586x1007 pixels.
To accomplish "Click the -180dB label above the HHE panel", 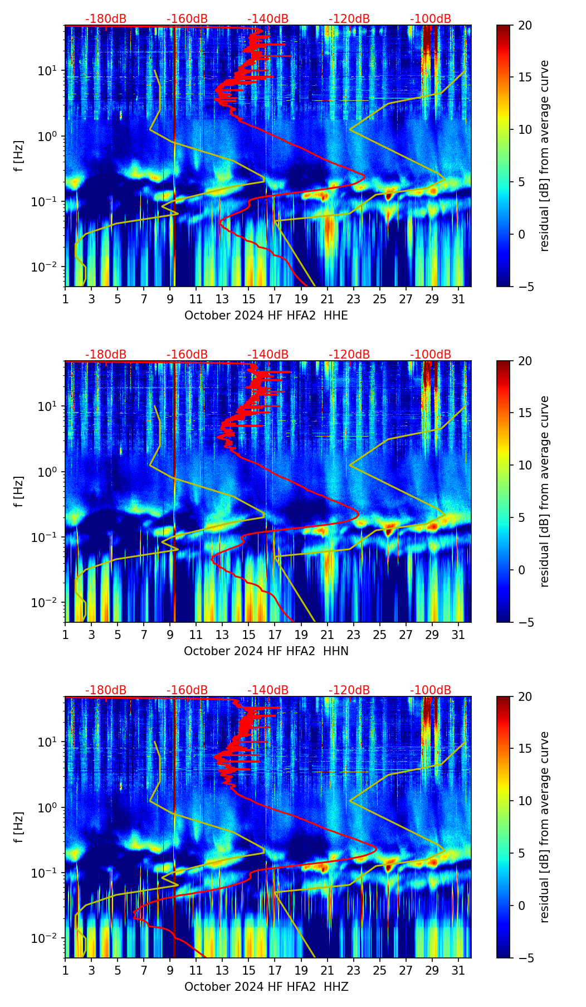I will [106, 19].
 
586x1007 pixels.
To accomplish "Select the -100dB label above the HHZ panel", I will [431, 690].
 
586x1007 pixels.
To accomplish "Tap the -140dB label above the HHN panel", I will [268, 355].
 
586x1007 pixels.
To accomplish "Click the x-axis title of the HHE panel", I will [266, 316].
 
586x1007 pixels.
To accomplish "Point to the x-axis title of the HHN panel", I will [266, 651].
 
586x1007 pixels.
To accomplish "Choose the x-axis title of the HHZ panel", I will [266, 987].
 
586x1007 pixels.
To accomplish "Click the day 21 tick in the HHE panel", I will [328, 299].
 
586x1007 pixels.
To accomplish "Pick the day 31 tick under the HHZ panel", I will [458, 970].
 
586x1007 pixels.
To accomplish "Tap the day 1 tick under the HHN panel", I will [65, 635].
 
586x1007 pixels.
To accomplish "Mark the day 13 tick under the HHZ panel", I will [222, 970].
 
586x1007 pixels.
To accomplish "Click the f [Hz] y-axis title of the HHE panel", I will [19, 156].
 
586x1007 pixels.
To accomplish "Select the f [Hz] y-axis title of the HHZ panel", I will [19, 827].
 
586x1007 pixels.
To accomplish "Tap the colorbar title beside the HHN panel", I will [544, 491].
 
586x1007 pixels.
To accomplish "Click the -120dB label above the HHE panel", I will [349, 19].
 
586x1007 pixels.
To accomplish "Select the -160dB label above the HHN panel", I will [187, 355].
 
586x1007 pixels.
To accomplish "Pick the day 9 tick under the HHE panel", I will [170, 299].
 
